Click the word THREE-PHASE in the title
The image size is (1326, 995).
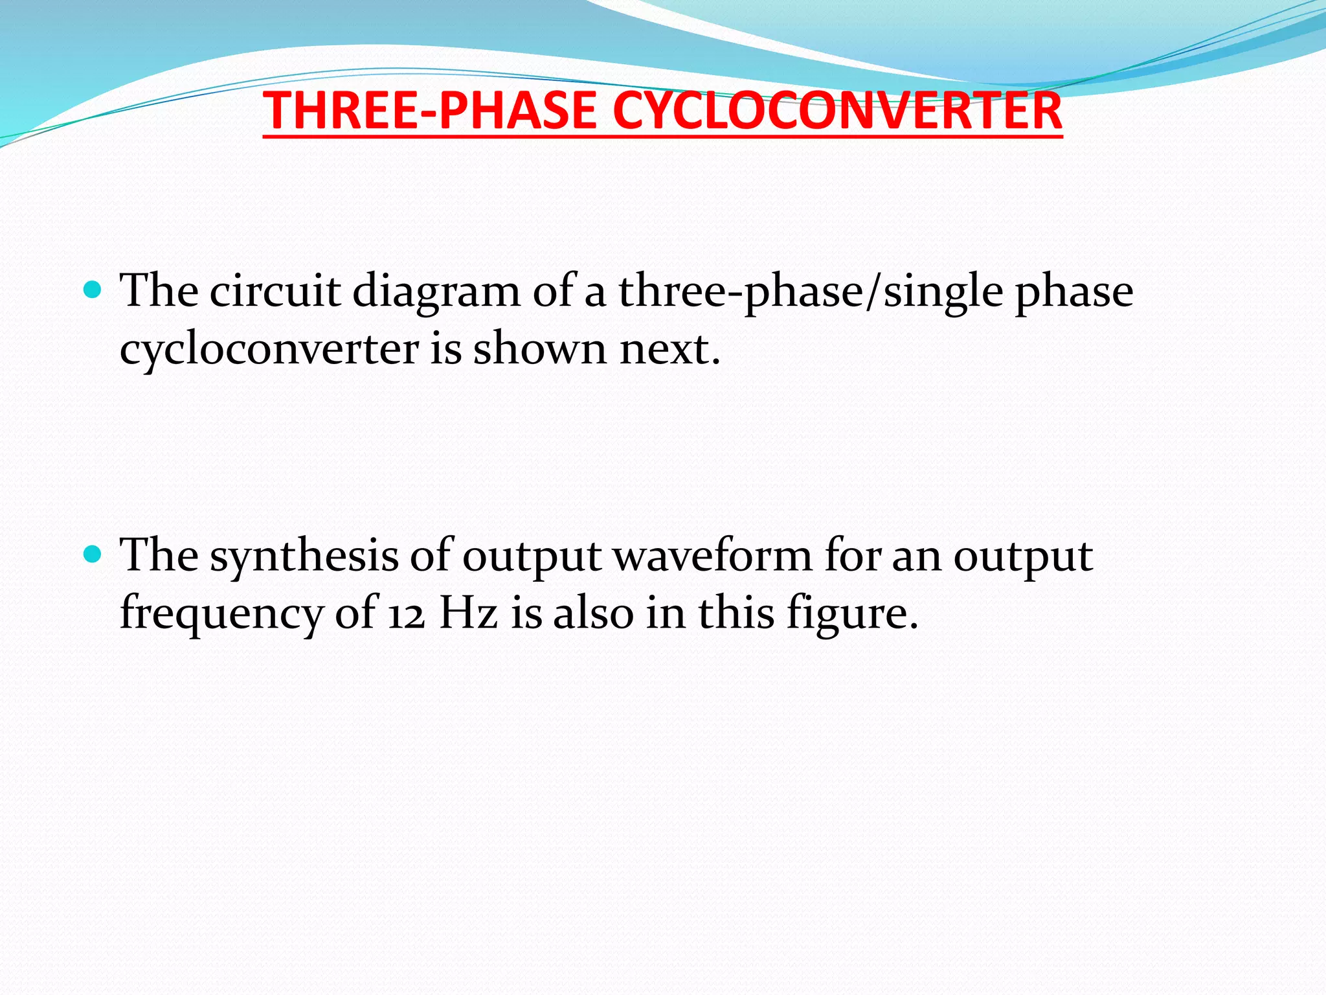click(430, 111)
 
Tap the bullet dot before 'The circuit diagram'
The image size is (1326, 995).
click(93, 289)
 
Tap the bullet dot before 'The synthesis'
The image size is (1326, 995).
click(93, 554)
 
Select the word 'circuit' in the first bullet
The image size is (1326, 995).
click(275, 291)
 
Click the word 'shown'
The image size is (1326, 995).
click(539, 349)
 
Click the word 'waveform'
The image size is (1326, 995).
click(712, 556)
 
